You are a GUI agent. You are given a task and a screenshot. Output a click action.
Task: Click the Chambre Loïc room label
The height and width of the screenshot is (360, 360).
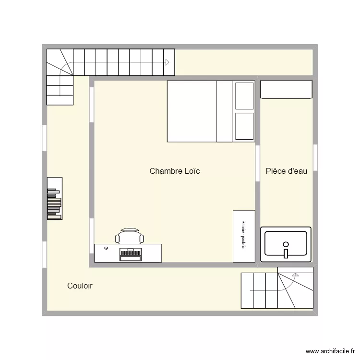(x=174, y=171)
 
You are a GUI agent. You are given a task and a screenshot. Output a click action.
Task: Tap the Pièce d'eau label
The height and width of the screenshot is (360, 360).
(x=286, y=171)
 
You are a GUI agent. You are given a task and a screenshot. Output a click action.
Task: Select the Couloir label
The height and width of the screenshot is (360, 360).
(x=80, y=286)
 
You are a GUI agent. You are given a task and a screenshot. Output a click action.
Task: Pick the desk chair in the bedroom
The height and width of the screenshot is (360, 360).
(x=130, y=236)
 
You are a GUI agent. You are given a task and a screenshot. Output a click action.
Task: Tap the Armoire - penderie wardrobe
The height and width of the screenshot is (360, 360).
(x=244, y=236)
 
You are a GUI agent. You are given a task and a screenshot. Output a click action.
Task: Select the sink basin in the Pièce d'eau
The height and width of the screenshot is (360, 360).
(x=286, y=242)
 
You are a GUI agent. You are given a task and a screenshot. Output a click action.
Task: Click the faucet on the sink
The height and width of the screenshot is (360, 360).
(x=286, y=252)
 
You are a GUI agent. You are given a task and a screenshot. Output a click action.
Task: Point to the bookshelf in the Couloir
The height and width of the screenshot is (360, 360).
(x=54, y=198)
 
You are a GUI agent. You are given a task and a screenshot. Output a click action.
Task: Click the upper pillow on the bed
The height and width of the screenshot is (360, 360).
(x=244, y=96)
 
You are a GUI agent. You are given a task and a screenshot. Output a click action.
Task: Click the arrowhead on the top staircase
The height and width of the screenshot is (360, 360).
(x=168, y=62)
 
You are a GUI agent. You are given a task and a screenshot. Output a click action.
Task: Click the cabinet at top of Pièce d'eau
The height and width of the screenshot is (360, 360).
(x=286, y=89)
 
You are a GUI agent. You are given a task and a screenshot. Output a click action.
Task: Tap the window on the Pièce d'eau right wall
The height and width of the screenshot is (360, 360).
(x=315, y=157)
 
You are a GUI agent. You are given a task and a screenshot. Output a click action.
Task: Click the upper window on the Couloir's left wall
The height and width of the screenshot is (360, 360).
(x=44, y=138)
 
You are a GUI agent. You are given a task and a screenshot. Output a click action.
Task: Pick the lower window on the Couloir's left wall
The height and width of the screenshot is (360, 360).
(x=44, y=255)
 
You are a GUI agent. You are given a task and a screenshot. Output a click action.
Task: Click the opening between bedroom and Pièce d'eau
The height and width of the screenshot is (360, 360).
(x=258, y=163)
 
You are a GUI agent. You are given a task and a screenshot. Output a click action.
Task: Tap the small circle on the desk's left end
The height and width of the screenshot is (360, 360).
(x=106, y=248)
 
